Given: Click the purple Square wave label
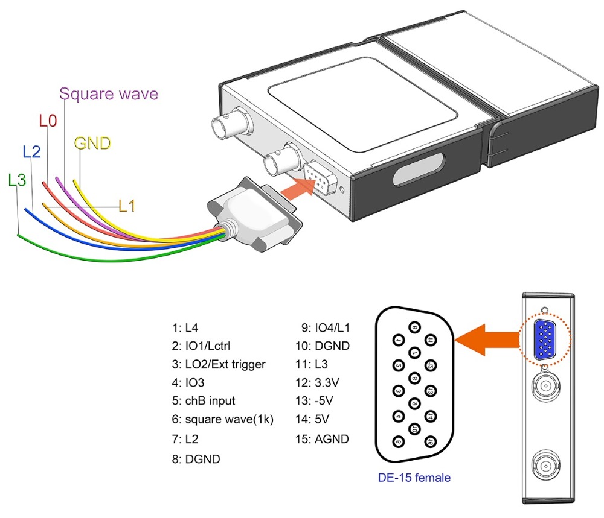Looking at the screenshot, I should pyautogui.click(x=109, y=94).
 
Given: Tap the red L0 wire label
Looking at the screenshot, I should pyautogui.click(x=48, y=121).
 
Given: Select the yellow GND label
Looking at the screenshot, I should pyautogui.click(x=92, y=144).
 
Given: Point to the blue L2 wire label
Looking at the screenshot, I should pyautogui.click(x=31, y=152).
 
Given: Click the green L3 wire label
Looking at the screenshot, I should pyautogui.click(x=18, y=180).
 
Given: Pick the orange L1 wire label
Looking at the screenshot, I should pyautogui.click(x=127, y=206).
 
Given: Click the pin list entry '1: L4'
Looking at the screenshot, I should pyautogui.click(x=185, y=328).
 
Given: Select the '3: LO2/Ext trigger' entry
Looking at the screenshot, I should pyautogui.click(x=218, y=364).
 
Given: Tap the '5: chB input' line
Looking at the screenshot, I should pyautogui.click(x=203, y=400).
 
